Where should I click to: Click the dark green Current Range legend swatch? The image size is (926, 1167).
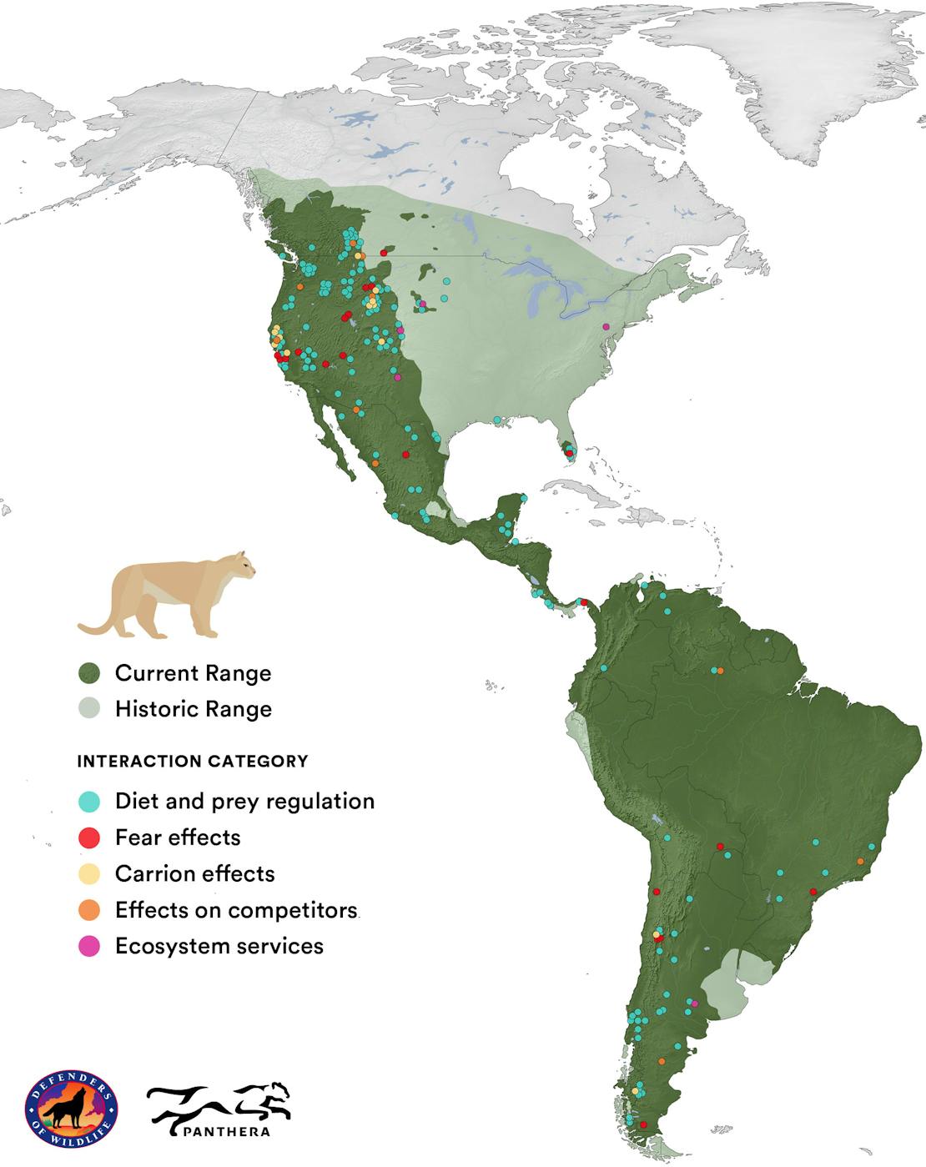pyautogui.click(x=88, y=673)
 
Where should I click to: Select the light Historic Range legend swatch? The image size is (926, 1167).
pyautogui.click(x=88, y=709)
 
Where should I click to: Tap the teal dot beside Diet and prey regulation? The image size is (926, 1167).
pyautogui.click(x=88, y=802)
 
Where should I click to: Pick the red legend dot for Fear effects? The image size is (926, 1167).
pyautogui.click(x=88, y=838)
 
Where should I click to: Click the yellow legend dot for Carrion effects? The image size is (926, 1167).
pyautogui.click(x=88, y=874)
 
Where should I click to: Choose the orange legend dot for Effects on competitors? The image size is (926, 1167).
pyautogui.click(x=88, y=910)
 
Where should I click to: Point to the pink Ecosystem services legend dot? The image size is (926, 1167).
pyautogui.click(x=88, y=946)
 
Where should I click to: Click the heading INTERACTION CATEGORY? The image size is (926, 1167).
pyautogui.click(x=193, y=762)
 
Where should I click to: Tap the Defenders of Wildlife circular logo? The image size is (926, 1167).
pyautogui.click(x=72, y=1110)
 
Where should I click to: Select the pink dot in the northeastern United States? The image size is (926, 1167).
pyautogui.click(x=606, y=326)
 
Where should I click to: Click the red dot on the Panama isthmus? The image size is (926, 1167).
pyautogui.click(x=584, y=602)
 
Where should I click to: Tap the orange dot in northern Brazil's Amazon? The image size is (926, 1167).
pyautogui.click(x=721, y=671)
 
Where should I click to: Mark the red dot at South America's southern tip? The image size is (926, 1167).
pyautogui.click(x=642, y=1124)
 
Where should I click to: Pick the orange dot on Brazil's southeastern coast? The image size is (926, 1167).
pyautogui.click(x=860, y=861)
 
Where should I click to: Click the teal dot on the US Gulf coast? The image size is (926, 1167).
pyautogui.click(x=496, y=420)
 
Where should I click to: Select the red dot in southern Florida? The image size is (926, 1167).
pyautogui.click(x=569, y=453)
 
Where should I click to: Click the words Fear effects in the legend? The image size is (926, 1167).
pyautogui.click(x=178, y=838)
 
